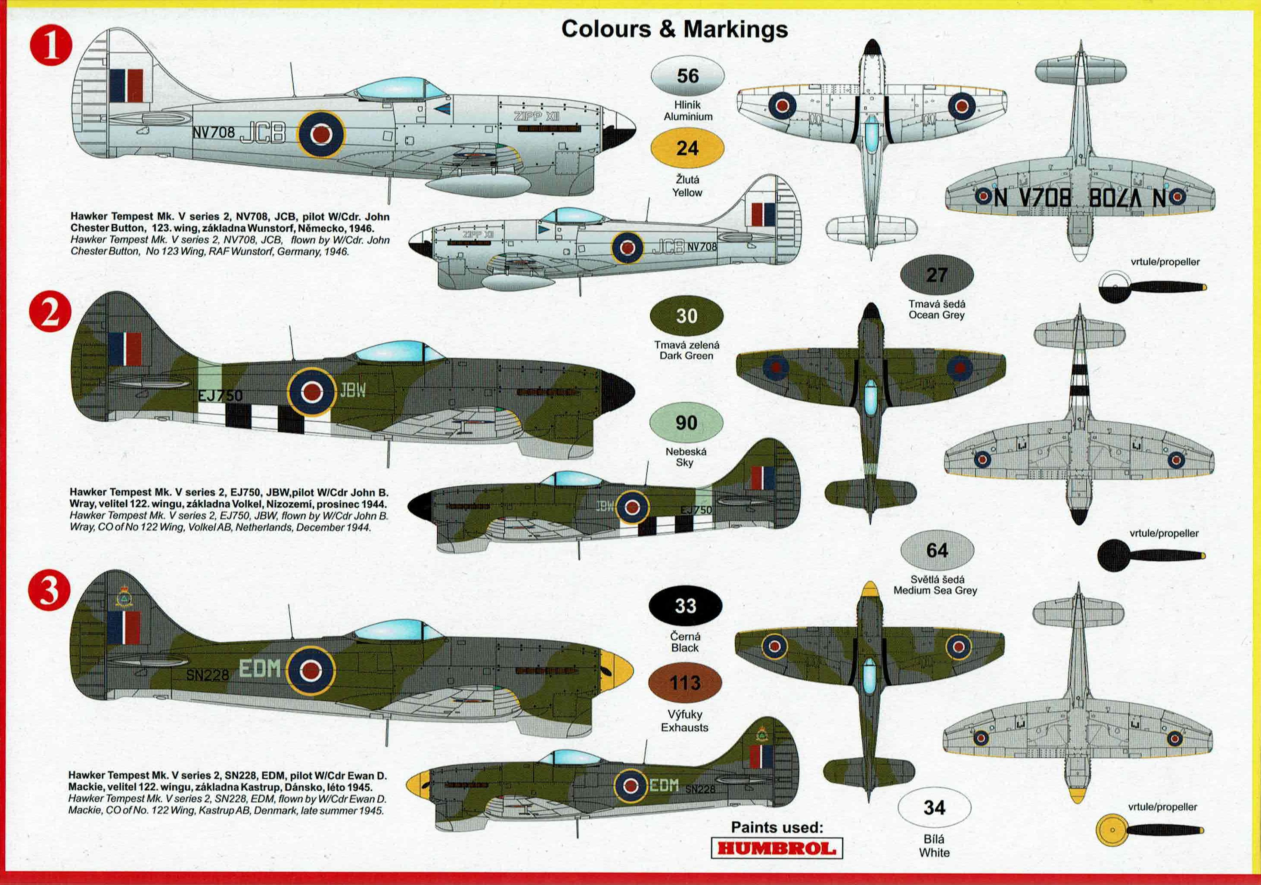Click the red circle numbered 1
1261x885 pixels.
coord(50,46)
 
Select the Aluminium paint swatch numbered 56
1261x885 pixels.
coord(687,76)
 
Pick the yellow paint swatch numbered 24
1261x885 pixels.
coord(687,148)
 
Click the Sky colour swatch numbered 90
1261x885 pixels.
coord(686,423)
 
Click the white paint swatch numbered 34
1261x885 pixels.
coord(934,807)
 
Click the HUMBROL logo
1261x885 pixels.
coord(776,848)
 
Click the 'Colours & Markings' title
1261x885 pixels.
coord(674,29)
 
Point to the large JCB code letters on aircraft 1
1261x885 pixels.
coord(263,132)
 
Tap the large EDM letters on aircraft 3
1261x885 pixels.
coord(260,668)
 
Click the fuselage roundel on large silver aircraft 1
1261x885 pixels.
coord(321,133)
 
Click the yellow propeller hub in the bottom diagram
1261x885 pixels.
coord(1112,829)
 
